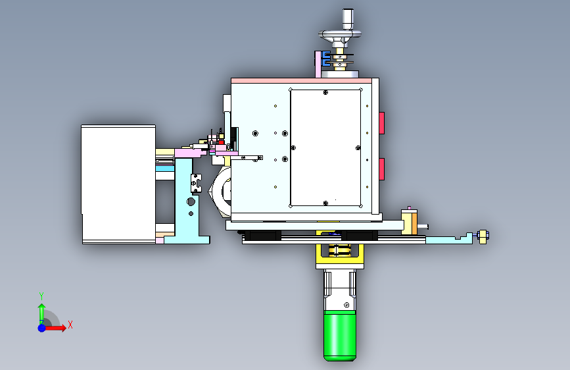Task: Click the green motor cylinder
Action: (x=340, y=336)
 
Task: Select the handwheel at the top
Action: (x=340, y=36)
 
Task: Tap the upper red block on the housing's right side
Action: (x=382, y=123)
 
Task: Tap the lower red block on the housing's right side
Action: (x=382, y=169)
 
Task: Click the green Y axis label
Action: (x=41, y=296)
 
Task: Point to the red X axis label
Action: (x=70, y=325)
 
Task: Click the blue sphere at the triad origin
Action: (x=42, y=328)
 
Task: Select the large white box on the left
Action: (x=118, y=184)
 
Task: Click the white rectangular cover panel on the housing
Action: (x=325, y=148)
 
